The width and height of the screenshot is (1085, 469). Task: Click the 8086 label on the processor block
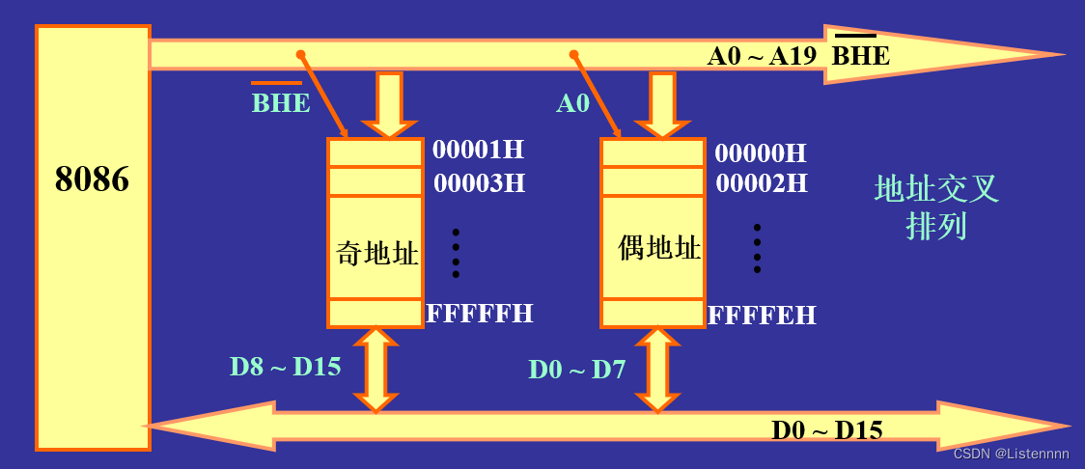[x=92, y=179]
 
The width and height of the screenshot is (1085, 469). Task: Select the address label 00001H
[x=478, y=150]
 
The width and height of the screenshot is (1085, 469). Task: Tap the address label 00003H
[x=479, y=182]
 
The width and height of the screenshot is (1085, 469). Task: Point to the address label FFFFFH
[x=480, y=313]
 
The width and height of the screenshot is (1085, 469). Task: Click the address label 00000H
[x=760, y=152]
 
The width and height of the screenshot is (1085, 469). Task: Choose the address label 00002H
[x=762, y=182]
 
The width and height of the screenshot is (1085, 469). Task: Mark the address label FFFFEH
[x=762, y=315]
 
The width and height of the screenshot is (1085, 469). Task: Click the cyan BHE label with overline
[x=281, y=102]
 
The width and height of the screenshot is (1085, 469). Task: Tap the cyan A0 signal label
[x=572, y=102]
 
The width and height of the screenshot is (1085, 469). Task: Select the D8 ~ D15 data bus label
[x=285, y=367]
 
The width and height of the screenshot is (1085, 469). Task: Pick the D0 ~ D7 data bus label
[x=577, y=369]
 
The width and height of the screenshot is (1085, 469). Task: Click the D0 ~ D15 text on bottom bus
[x=826, y=429]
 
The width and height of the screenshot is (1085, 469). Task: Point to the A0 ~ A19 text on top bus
[x=763, y=56]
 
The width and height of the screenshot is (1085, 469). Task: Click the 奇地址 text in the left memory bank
[x=376, y=253]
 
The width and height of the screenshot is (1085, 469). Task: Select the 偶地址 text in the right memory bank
[x=659, y=248]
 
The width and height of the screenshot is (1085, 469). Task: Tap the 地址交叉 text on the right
[x=935, y=189]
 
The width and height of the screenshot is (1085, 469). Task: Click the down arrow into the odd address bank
[x=389, y=103]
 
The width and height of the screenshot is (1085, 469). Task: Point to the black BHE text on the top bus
[x=861, y=56]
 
